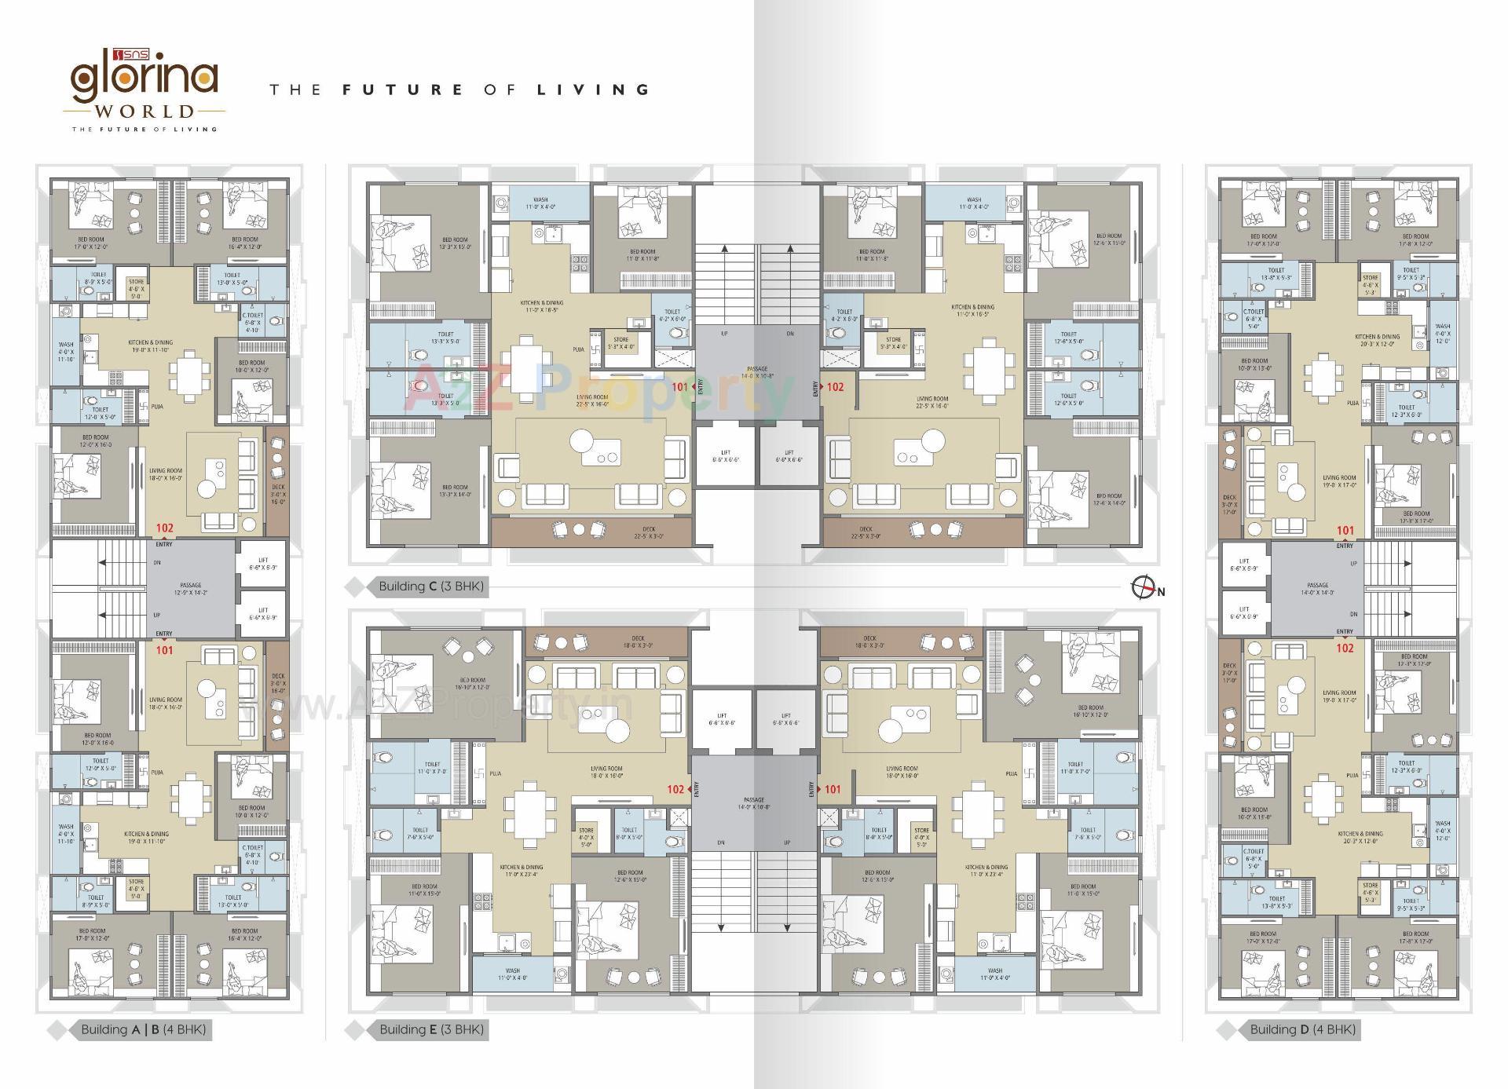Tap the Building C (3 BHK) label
pyautogui.click(x=431, y=587)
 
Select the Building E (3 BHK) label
pyautogui.click(x=431, y=1029)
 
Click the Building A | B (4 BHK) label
pyautogui.click(x=143, y=1029)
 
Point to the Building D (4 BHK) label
pyautogui.click(x=1302, y=1029)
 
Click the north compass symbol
pyautogui.click(x=1143, y=587)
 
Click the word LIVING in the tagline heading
pyautogui.click(x=593, y=90)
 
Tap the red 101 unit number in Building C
pyautogui.click(x=679, y=387)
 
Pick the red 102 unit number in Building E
pyautogui.click(x=675, y=789)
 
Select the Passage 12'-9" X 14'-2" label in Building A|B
pyautogui.click(x=191, y=589)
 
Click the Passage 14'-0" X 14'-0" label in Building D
pyautogui.click(x=1318, y=589)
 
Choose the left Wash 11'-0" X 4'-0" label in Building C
pyautogui.click(x=540, y=203)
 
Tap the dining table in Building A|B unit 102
pyautogui.click(x=188, y=375)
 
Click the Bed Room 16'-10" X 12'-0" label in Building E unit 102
pyautogui.click(x=472, y=683)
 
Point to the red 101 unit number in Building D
pyautogui.click(x=1345, y=531)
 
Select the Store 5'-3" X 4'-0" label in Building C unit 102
pyautogui.click(x=893, y=343)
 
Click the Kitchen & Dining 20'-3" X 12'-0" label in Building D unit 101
pyautogui.click(x=1376, y=340)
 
